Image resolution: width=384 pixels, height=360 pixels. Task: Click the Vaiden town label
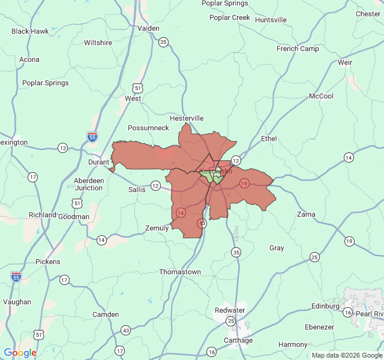coord(148,28)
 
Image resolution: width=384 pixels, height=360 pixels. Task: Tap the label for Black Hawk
coord(30,31)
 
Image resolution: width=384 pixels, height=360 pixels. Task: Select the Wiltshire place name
coord(98,43)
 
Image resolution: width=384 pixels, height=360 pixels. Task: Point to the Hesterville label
coord(187,118)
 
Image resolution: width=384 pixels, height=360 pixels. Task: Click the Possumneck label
coord(148,128)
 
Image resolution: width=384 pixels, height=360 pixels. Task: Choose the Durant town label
coord(99,162)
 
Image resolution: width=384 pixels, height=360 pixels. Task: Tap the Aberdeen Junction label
coord(88,184)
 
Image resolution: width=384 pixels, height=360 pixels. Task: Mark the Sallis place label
coord(137,189)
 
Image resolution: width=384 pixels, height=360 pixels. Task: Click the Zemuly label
coord(157,228)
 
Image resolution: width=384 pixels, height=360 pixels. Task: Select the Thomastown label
coord(180,272)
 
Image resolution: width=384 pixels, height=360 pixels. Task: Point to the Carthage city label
coord(238,340)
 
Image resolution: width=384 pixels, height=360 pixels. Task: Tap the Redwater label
coord(230,310)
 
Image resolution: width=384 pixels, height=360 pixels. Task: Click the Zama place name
coord(306,214)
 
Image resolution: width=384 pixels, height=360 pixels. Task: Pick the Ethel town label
coord(269,139)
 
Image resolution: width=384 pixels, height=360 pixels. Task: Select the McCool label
coord(321,96)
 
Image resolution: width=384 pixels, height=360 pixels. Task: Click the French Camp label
coord(298,49)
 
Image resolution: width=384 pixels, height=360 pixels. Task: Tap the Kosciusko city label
coord(215,172)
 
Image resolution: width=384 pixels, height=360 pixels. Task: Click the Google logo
coord(20,353)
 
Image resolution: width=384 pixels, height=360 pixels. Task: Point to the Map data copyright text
coord(347,355)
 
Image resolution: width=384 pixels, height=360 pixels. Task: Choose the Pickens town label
coord(48,262)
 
